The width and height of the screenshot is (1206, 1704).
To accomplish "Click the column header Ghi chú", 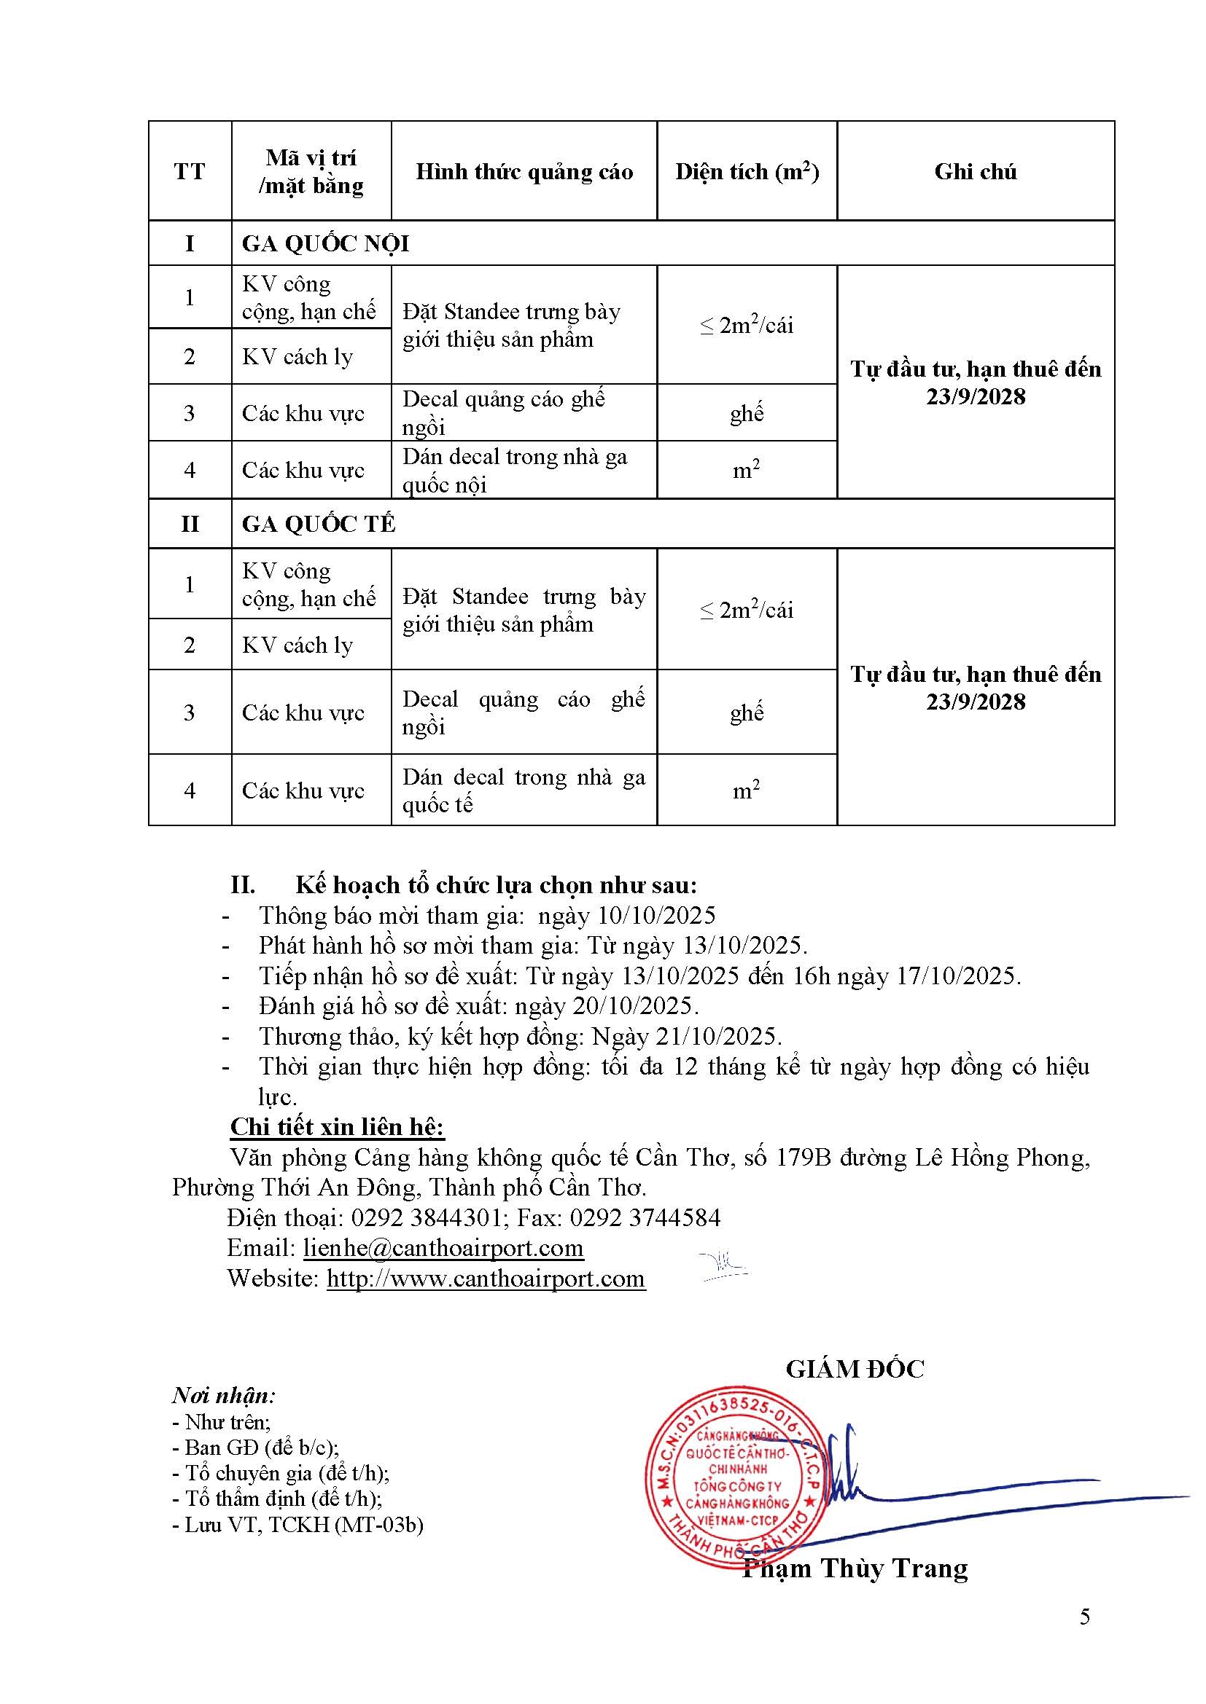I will click(x=975, y=171).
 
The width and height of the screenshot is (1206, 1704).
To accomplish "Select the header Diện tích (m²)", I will click(x=747, y=171).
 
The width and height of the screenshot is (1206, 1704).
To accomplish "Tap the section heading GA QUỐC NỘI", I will click(x=325, y=243).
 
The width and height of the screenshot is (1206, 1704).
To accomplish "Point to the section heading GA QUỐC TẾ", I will click(x=319, y=524).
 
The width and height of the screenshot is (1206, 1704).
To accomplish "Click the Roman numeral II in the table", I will click(x=190, y=524).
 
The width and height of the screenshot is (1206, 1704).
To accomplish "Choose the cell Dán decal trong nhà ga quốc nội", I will click(x=515, y=471).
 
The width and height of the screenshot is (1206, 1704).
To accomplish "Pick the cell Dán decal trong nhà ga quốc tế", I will click(x=524, y=790).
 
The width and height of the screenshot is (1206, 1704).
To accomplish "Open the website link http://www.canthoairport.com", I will click(x=486, y=1278).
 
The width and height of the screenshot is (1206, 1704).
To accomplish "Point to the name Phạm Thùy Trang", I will click(x=855, y=1569).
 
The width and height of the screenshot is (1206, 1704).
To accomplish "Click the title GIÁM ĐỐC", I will click(x=855, y=1369).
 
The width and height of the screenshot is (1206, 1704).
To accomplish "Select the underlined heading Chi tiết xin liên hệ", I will click(x=337, y=1126).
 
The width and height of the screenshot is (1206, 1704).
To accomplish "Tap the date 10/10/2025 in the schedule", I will click(x=656, y=915).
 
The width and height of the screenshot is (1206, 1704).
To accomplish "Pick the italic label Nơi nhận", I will click(x=224, y=1395).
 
